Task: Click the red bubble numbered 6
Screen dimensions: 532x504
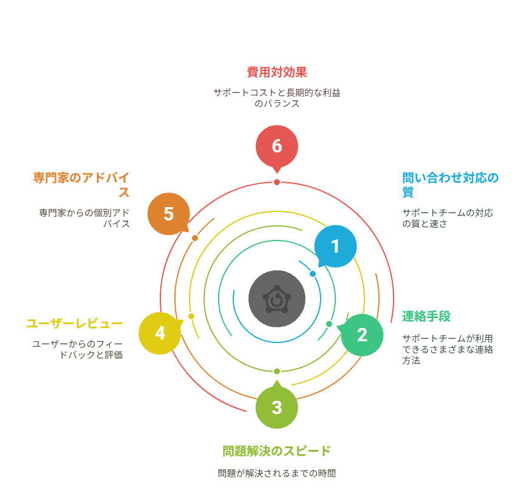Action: click(x=277, y=146)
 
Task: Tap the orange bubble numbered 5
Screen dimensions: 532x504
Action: click(x=169, y=214)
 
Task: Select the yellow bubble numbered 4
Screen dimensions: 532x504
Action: click(x=160, y=333)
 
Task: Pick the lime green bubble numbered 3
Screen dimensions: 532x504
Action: click(x=277, y=407)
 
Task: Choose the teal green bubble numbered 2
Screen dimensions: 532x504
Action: click(x=362, y=335)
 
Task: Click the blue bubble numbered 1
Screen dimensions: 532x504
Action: click(x=335, y=247)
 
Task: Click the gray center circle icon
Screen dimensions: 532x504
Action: click(x=277, y=299)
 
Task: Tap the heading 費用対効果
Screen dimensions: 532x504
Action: click(x=277, y=72)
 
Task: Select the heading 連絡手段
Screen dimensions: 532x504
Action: click(x=426, y=316)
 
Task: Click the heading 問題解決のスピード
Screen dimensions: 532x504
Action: click(x=277, y=451)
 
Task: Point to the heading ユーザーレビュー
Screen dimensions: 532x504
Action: click(x=74, y=323)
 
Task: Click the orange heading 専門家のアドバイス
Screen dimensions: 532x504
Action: click(x=81, y=185)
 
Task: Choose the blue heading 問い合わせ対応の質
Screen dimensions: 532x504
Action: click(x=450, y=185)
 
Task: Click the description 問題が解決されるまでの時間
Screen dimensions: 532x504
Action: click(x=277, y=473)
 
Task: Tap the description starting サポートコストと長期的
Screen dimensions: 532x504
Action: click(x=277, y=98)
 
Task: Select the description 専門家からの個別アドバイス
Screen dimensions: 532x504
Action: click(x=84, y=218)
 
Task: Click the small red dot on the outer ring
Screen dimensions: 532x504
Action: click(x=277, y=182)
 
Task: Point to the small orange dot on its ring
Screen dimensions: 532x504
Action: click(x=195, y=238)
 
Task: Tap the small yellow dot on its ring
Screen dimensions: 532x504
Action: click(x=191, y=316)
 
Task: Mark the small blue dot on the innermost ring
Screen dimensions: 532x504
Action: click(x=313, y=274)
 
